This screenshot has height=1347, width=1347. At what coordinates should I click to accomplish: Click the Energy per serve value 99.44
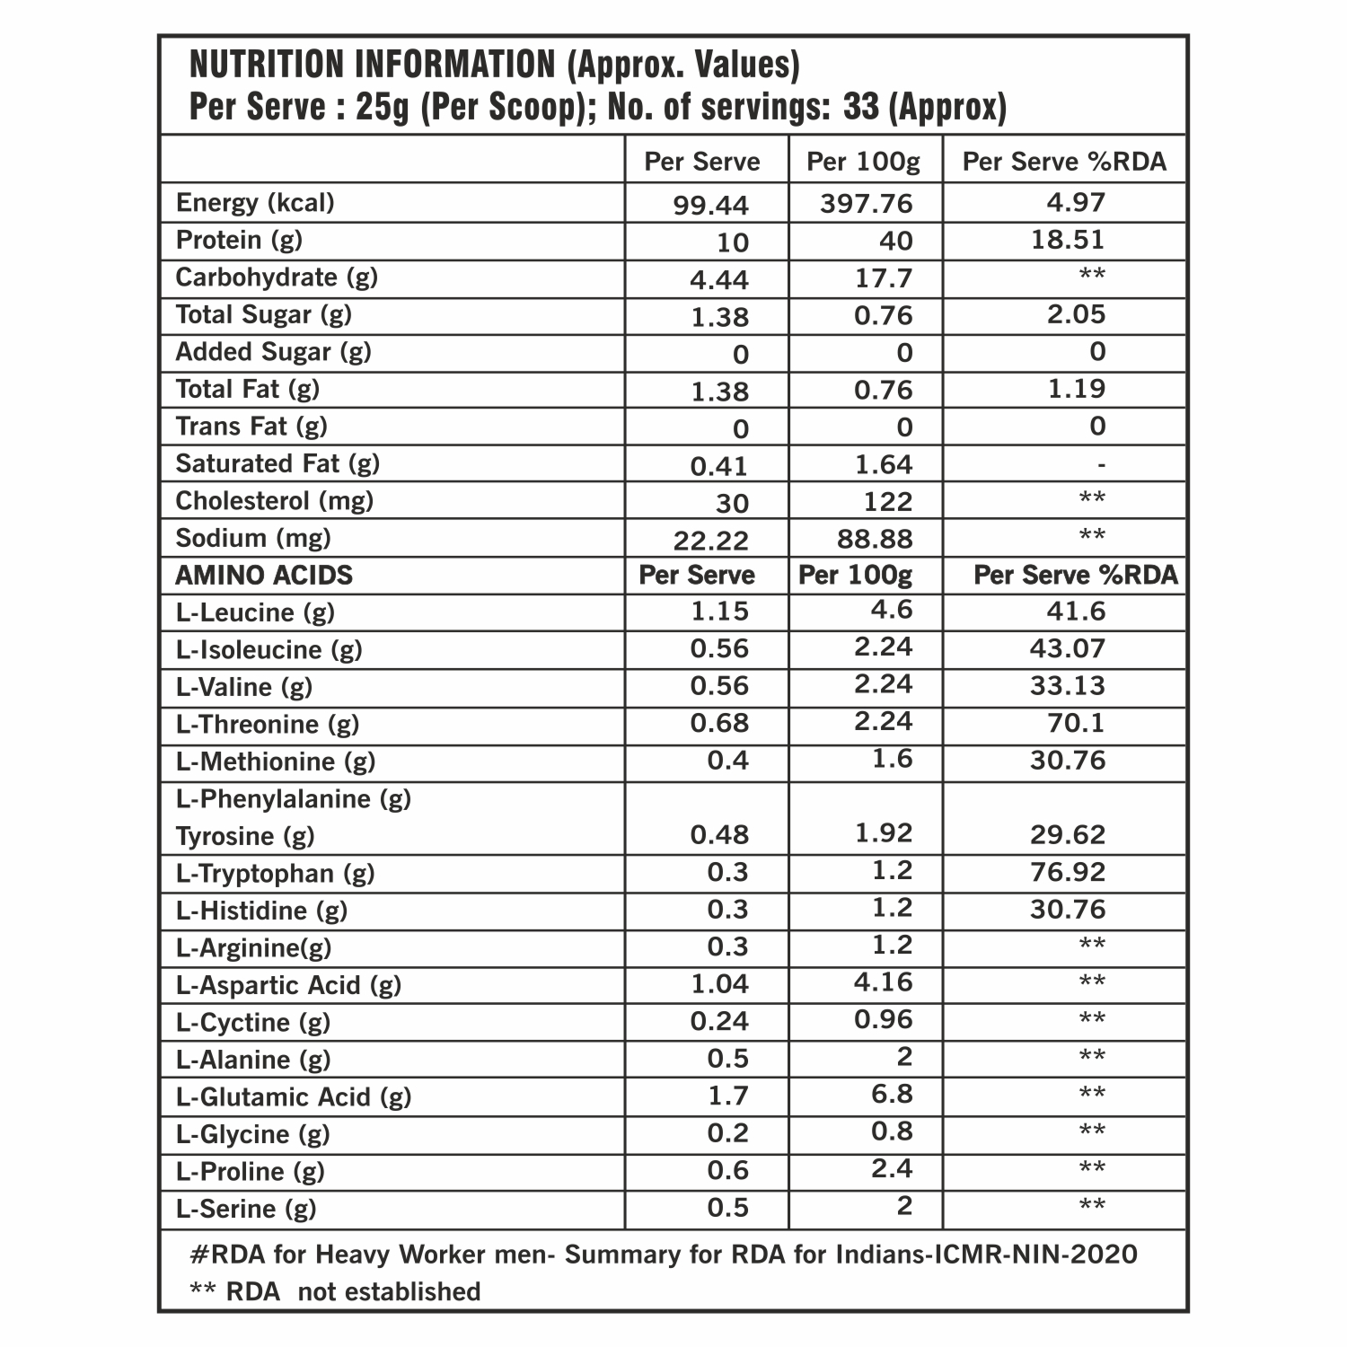tap(710, 206)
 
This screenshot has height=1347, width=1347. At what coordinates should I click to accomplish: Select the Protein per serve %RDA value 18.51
tap(1068, 240)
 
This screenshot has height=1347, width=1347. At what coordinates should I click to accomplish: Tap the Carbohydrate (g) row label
tap(277, 277)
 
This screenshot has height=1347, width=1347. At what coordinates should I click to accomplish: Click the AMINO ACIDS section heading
tap(264, 575)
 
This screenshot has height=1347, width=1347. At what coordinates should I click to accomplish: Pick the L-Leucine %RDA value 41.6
tap(1076, 612)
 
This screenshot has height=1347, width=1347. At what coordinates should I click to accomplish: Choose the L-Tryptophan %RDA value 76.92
tap(1068, 872)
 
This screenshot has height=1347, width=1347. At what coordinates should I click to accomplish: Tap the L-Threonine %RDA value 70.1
tap(1076, 723)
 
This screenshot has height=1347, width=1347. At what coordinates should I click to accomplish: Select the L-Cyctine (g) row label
tap(253, 1022)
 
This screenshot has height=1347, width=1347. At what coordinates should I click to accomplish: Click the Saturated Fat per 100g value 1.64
tap(884, 464)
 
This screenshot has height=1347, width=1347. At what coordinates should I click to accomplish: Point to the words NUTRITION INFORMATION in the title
tap(373, 65)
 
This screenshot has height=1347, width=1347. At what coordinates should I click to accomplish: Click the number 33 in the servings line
tap(861, 108)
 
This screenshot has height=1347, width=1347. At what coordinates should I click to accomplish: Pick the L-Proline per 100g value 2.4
tap(892, 1169)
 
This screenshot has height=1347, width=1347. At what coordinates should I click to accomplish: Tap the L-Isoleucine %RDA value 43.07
tap(1068, 648)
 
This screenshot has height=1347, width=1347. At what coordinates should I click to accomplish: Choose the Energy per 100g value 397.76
tap(866, 204)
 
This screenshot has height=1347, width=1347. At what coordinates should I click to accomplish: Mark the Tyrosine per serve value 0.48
tap(719, 835)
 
